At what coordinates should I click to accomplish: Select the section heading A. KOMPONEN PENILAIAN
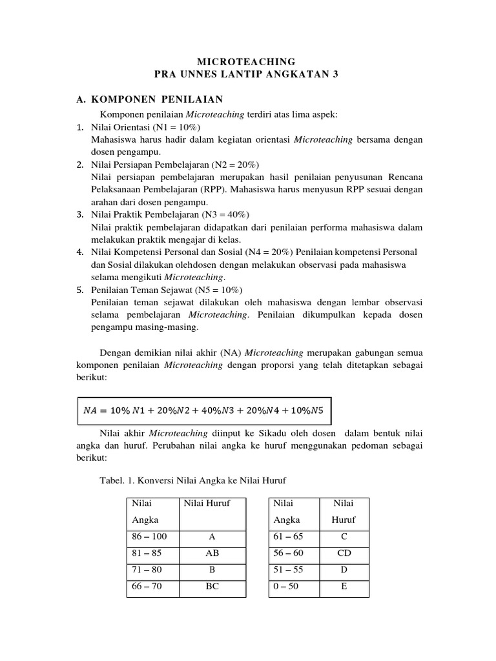pyautogui.click(x=149, y=99)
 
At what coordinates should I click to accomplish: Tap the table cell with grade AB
pyautogui.click(x=212, y=553)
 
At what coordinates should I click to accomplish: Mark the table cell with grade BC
pyautogui.click(x=212, y=587)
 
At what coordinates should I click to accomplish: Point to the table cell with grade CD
pyautogui.click(x=344, y=553)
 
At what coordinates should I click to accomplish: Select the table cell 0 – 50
pyautogui.click(x=286, y=587)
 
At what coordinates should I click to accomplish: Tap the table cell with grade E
pyautogui.click(x=344, y=587)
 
